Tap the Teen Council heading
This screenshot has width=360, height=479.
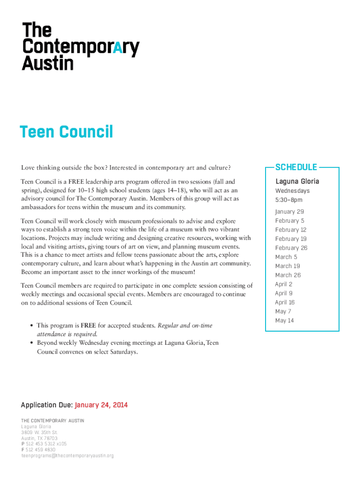(66, 132)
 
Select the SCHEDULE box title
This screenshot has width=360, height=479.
(296, 167)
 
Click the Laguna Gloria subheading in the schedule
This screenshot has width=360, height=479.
(297, 181)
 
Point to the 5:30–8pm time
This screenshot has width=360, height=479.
(289, 200)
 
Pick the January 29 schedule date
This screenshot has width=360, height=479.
(289, 211)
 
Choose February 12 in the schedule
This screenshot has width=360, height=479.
(291, 230)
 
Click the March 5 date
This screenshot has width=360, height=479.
(286, 257)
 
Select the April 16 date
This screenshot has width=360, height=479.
(285, 302)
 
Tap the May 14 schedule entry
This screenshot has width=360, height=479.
(284, 320)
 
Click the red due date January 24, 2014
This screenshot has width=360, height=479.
(101, 405)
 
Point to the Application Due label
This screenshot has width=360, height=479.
(47, 405)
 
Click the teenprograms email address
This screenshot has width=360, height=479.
(67, 455)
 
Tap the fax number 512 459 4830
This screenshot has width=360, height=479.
(41, 450)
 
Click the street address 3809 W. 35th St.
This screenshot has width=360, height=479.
(40, 433)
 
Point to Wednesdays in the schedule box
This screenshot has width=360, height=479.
(292, 191)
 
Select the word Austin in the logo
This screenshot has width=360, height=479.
(48, 63)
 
